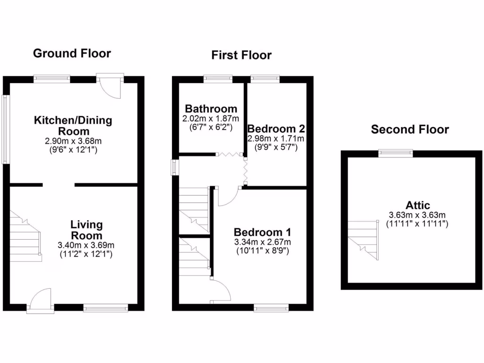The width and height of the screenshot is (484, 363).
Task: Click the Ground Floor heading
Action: point(72,53)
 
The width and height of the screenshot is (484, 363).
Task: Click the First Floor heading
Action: point(241,55)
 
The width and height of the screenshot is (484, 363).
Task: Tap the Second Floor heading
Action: point(410,130)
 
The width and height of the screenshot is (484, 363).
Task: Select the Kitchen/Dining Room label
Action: point(73,125)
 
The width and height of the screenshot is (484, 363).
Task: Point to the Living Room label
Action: point(86,230)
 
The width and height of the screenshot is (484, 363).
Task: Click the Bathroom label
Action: point(211,109)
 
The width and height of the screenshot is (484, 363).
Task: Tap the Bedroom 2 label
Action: point(276,129)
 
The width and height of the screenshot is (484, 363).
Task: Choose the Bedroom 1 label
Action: point(262,233)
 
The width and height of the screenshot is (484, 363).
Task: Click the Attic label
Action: point(417,206)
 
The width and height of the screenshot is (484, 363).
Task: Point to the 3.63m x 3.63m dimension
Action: point(417,215)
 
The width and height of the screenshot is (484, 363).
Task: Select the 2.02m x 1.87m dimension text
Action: point(211,118)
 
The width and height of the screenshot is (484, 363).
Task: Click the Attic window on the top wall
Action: point(395,153)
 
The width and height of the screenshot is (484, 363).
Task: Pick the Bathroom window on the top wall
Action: point(218,79)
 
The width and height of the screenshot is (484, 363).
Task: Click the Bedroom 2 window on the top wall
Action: point(265,79)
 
